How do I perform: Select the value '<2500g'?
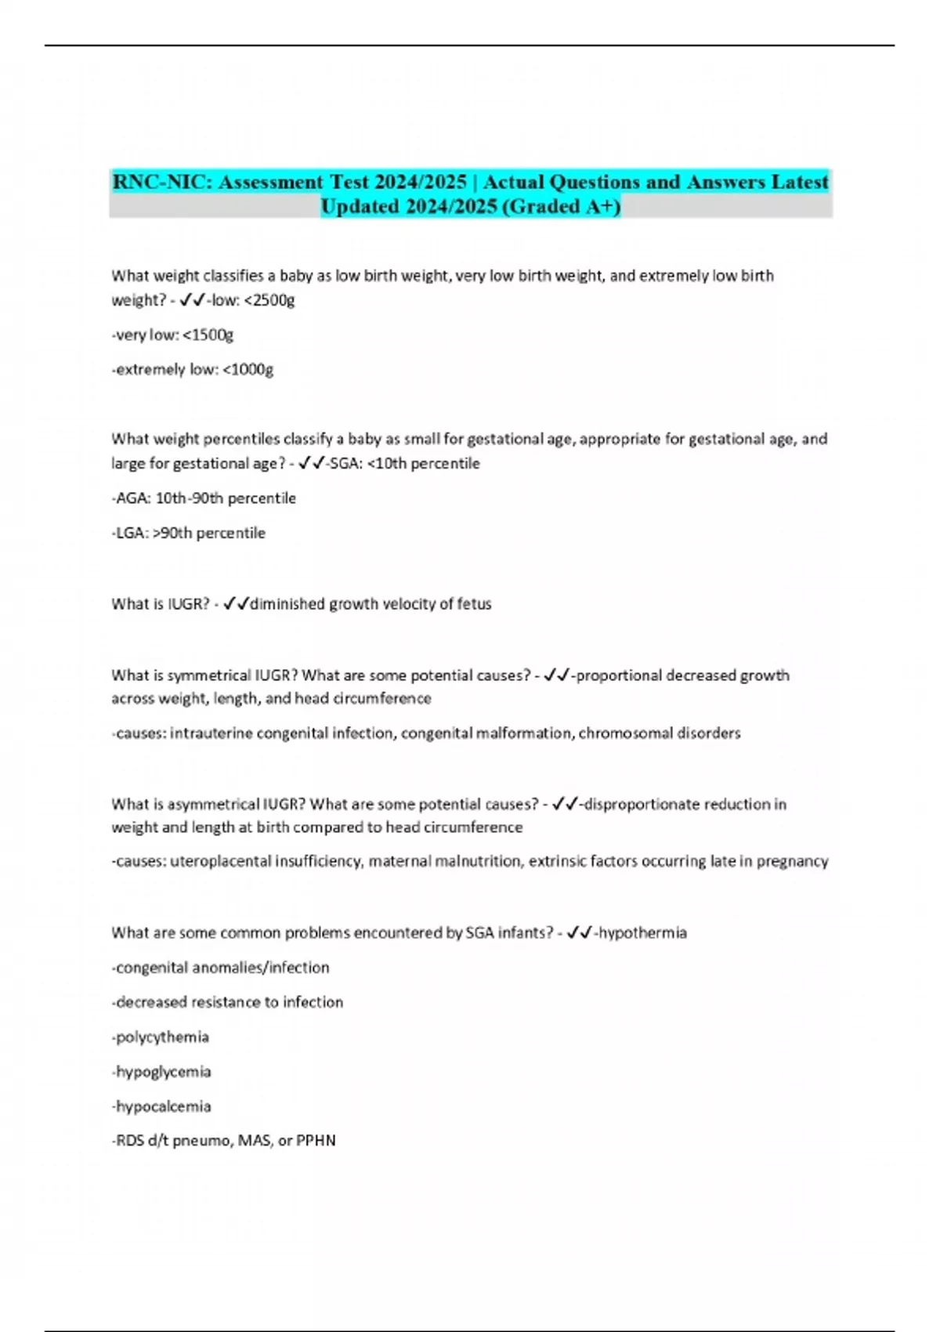[x=269, y=300]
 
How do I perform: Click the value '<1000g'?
[x=248, y=369]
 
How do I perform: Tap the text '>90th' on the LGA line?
[x=172, y=533]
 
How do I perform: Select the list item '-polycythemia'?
[x=161, y=1037]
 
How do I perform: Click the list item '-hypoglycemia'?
[x=161, y=1072]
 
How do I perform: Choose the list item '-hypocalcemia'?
[x=161, y=1106]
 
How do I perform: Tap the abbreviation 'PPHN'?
[x=316, y=1141]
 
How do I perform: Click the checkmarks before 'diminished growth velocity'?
[x=236, y=604]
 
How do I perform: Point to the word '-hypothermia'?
[x=640, y=932]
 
